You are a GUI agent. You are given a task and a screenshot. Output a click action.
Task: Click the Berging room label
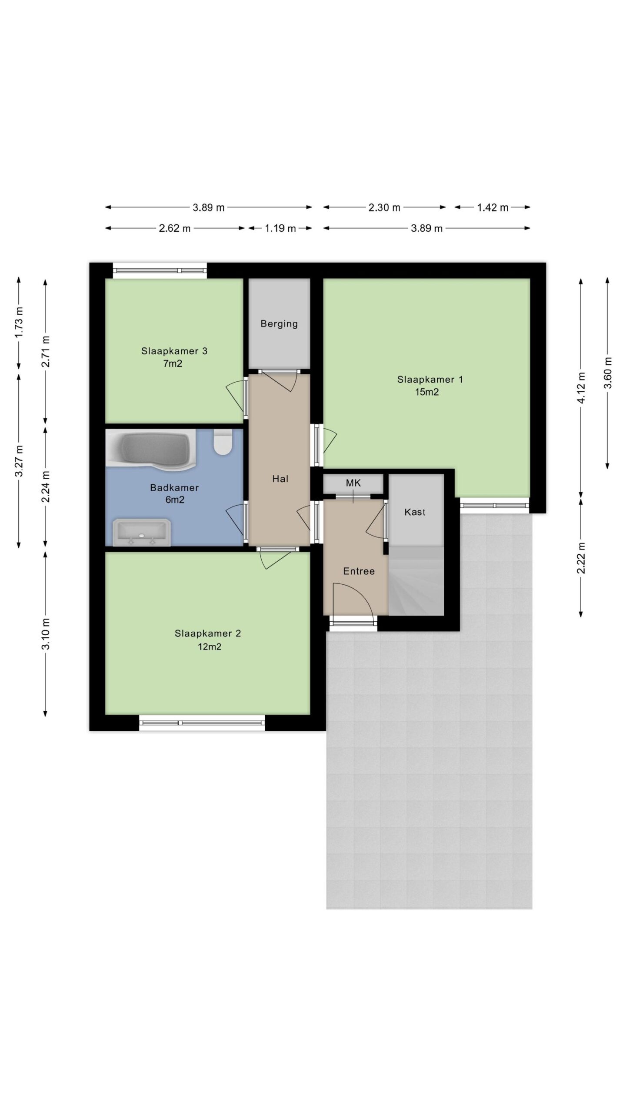(279, 323)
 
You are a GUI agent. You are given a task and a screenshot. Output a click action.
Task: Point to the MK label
(353, 483)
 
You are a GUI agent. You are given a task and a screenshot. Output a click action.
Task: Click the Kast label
(415, 512)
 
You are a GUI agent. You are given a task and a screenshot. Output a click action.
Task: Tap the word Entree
(359, 571)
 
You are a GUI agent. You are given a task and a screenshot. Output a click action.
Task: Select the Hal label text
(280, 479)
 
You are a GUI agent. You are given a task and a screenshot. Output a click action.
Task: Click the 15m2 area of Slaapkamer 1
(427, 392)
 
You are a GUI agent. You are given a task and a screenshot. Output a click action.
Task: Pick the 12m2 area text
(209, 646)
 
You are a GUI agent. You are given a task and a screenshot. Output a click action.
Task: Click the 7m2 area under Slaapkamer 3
(173, 364)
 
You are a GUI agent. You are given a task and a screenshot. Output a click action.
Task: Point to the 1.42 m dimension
(493, 208)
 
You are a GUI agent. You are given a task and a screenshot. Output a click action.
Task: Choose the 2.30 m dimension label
(384, 208)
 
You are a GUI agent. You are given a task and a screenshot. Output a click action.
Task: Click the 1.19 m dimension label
(280, 228)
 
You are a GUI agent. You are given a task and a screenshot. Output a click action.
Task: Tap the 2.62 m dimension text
(175, 228)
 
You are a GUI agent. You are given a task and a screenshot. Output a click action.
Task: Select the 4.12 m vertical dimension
(581, 388)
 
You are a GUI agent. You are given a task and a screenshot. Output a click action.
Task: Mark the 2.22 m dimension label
(581, 558)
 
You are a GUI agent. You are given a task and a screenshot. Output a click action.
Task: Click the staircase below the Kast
(416, 581)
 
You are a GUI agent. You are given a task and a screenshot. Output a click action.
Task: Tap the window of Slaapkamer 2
(202, 723)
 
